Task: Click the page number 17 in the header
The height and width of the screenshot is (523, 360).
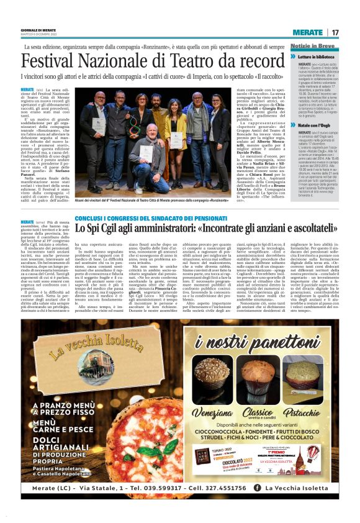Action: (335, 33)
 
